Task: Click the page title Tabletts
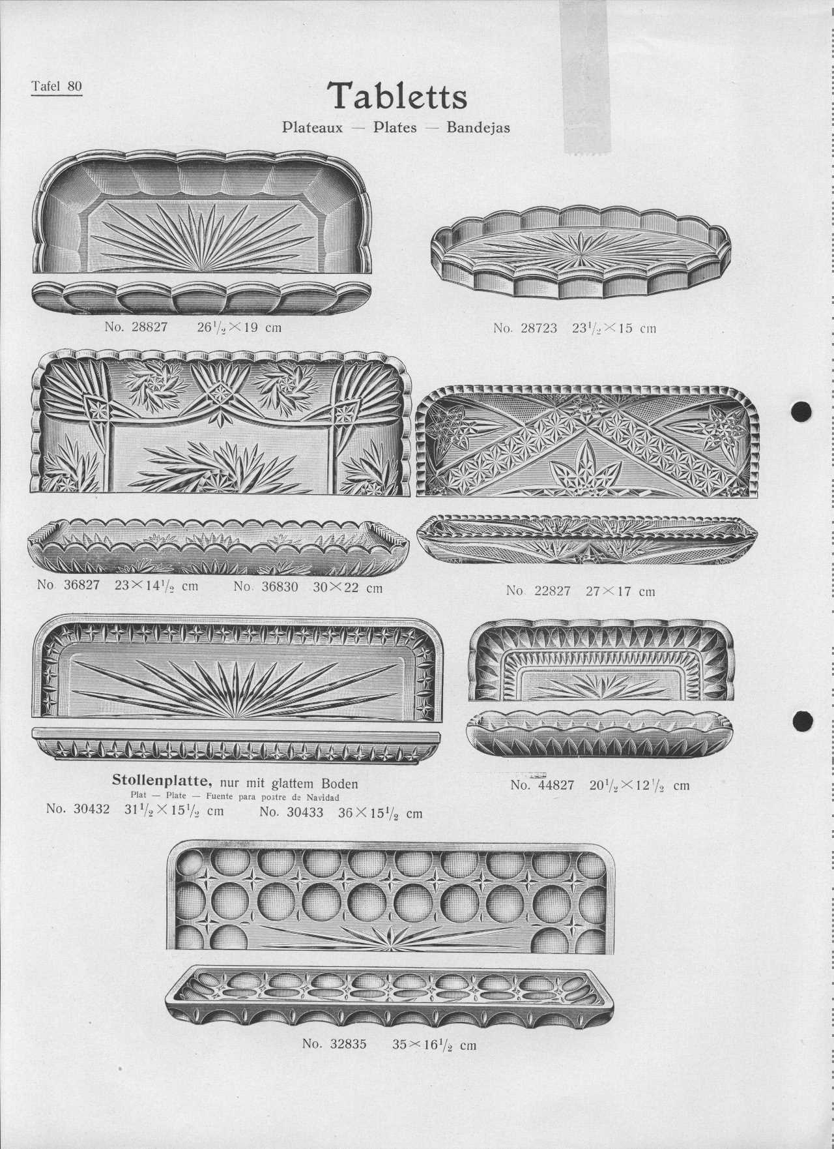coord(397,97)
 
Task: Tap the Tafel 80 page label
coord(57,86)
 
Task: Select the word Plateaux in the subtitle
coord(312,127)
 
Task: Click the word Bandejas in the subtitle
coord(478,127)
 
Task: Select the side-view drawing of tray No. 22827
coord(587,541)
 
